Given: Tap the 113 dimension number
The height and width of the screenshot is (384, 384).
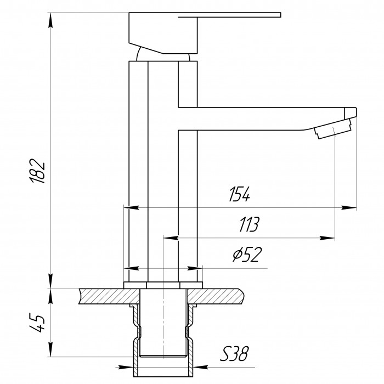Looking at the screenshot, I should tap(248, 224).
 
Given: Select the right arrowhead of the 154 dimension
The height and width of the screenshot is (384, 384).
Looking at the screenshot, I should tap(351, 208).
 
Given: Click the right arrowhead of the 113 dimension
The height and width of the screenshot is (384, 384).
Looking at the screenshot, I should tap(329, 238).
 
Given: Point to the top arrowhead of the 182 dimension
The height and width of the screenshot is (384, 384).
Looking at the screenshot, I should tap(51, 20).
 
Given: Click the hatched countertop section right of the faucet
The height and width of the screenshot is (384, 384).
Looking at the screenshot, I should tap(219, 296).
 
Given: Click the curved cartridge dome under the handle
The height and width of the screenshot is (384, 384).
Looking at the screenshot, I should tap(163, 55).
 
